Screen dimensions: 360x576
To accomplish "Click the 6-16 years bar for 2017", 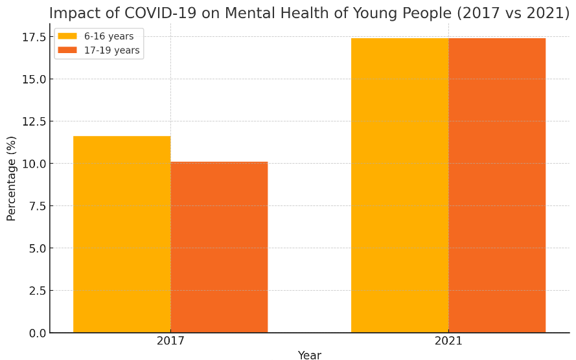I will [x=122, y=234].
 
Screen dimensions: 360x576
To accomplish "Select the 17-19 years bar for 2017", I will [x=219, y=247].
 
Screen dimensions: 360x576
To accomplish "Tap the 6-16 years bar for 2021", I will [x=400, y=185].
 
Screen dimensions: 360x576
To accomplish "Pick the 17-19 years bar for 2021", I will [x=497, y=185].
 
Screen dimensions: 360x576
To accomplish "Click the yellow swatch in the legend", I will [x=67, y=36].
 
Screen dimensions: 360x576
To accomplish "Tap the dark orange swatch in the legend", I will [x=67, y=51].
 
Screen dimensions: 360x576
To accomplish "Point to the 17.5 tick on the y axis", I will [x=32, y=38].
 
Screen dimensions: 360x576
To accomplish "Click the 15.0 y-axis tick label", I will [x=32, y=80].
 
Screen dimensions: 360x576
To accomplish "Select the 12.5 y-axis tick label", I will [x=32, y=122].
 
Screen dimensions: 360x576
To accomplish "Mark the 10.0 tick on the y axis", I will [x=32, y=164].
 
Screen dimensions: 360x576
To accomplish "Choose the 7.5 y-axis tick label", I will [x=35, y=206].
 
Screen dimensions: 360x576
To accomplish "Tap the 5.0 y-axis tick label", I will [x=35, y=249].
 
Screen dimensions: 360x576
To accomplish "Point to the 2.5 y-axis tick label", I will [x=35, y=291].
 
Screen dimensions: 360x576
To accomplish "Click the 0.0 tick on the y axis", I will [x=35, y=333].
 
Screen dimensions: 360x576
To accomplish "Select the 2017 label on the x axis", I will [x=170, y=341].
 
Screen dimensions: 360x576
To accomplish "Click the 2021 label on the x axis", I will [x=448, y=341].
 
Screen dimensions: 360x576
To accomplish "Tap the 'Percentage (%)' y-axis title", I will [x=12, y=178].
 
